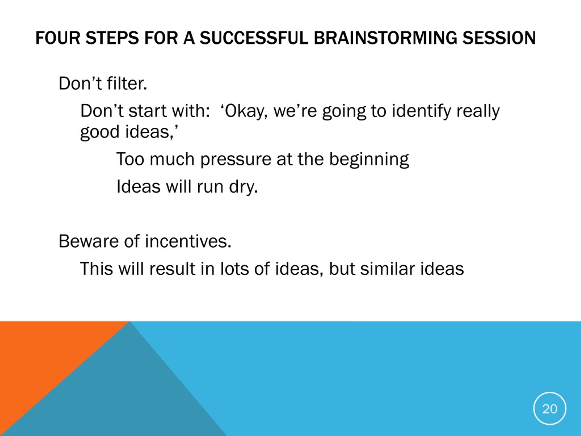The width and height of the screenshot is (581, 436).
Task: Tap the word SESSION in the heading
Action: click(499, 38)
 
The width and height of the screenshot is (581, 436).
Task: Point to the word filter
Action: click(127, 84)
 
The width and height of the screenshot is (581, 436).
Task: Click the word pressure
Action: click(236, 159)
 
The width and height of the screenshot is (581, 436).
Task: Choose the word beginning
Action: click(369, 159)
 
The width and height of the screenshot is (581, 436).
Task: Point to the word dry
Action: click(244, 187)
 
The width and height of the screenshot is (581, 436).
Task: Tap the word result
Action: click(172, 269)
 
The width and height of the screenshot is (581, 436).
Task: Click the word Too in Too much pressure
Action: click(130, 159)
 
